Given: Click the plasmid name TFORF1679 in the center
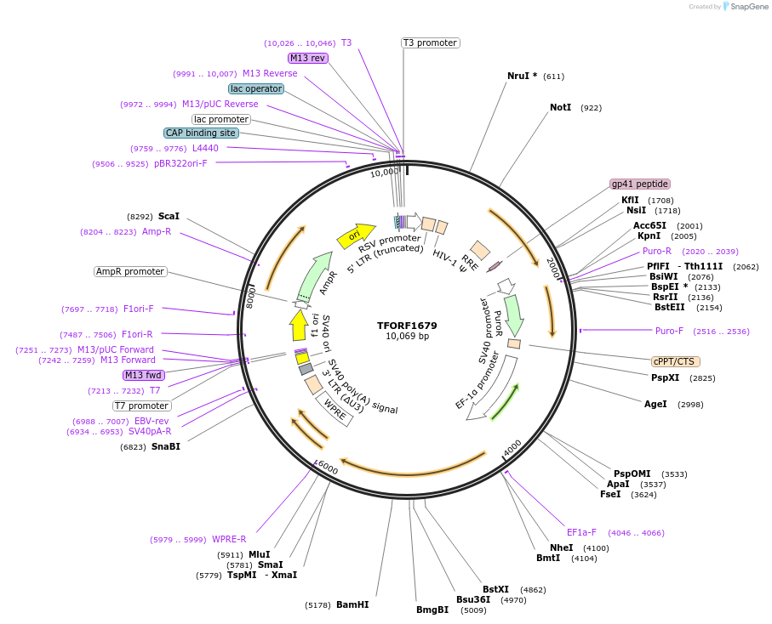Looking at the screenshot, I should [x=407, y=326].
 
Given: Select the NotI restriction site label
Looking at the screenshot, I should [x=560, y=108].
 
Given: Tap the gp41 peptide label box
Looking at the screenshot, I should [x=639, y=184].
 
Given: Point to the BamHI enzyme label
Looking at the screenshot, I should [x=352, y=605].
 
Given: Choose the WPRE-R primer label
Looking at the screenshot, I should [x=229, y=539].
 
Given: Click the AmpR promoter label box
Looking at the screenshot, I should [x=130, y=272].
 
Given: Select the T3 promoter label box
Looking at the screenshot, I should [x=430, y=43].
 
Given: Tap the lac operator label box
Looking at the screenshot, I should [x=256, y=88].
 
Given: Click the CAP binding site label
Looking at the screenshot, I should [x=201, y=133].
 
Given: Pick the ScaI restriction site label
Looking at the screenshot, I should [x=169, y=217].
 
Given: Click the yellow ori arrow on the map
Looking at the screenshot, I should [x=356, y=235].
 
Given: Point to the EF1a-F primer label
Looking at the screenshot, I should [x=582, y=533].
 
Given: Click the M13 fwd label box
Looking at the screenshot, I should [x=143, y=375].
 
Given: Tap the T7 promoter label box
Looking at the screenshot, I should [x=142, y=406].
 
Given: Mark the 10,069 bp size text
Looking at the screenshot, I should [x=407, y=337].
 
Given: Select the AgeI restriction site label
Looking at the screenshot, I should [x=655, y=404].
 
